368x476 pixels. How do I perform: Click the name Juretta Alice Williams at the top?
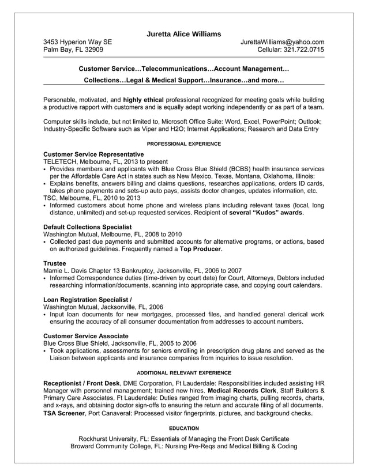point(183,34)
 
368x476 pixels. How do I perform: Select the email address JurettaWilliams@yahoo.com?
point(282,42)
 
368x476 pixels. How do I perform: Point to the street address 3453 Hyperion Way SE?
point(78,42)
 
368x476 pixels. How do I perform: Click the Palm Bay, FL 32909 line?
point(73,50)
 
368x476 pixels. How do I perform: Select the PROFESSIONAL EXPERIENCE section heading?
point(183,143)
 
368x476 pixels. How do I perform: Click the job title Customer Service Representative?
point(93,154)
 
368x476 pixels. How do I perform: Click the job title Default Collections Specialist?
point(88,227)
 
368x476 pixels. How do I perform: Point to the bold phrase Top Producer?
point(200,249)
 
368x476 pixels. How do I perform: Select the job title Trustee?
point(55,263)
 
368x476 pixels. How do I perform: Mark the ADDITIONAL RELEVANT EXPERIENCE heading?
point(183,372)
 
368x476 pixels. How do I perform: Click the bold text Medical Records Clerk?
point(243,390)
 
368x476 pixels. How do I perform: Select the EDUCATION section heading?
point(183,428)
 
